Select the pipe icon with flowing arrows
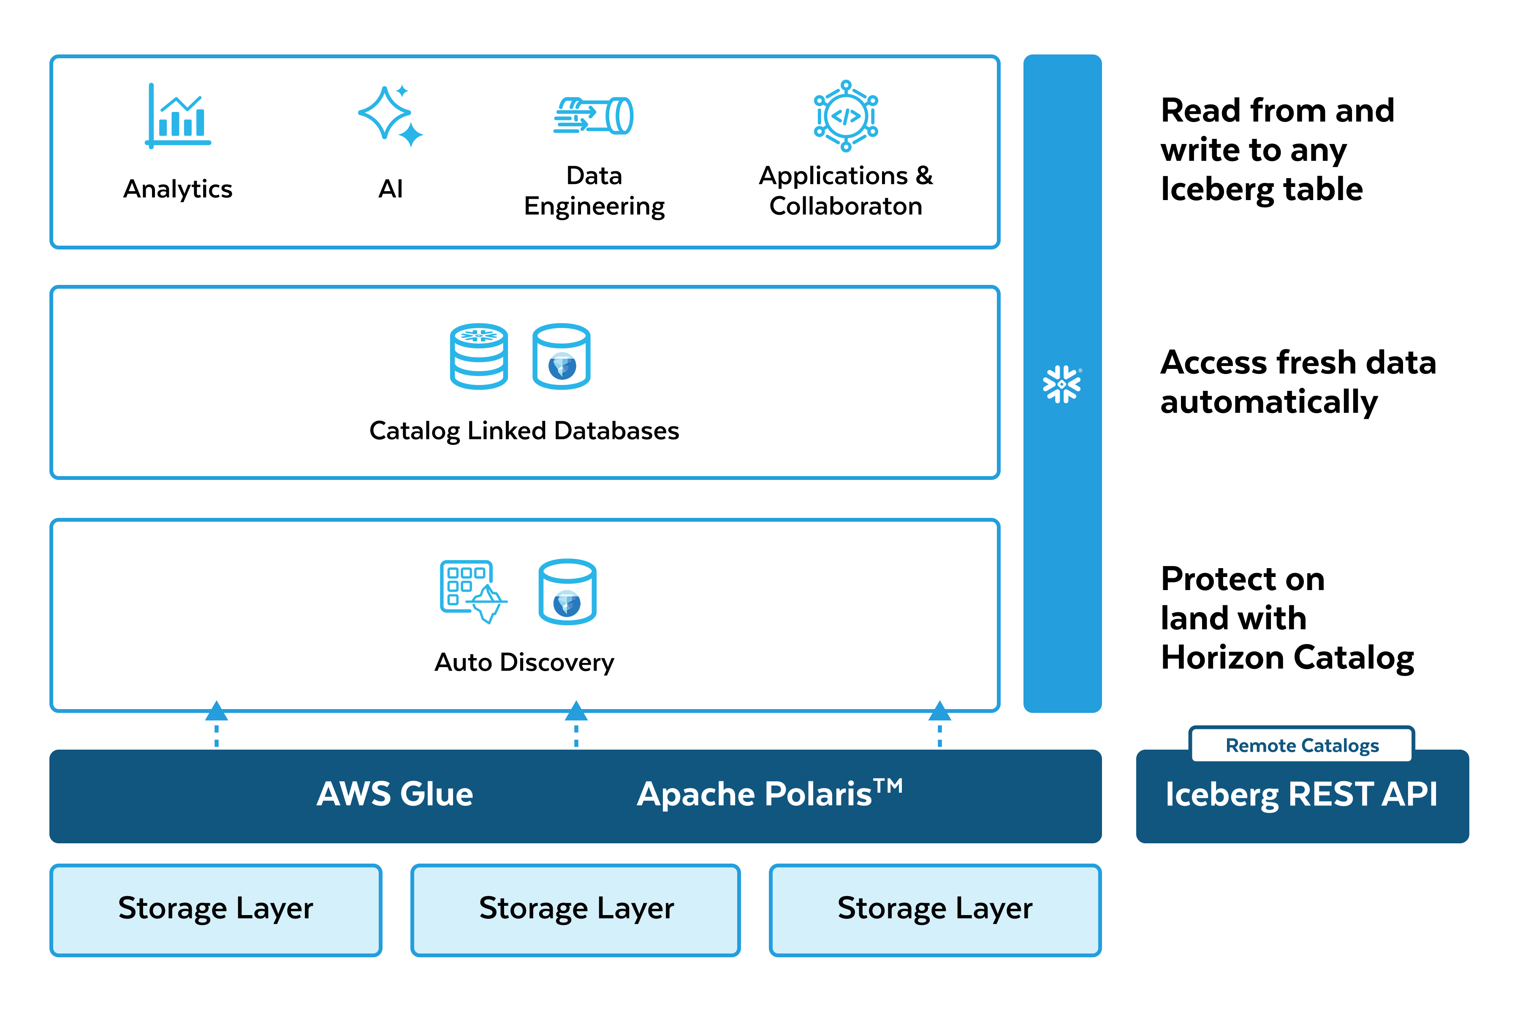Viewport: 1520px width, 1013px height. [593, 116]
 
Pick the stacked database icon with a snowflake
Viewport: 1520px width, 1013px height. [479, 356]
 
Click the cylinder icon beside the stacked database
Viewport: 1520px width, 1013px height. [561, 356]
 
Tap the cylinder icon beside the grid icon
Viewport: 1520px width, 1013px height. [567, 591]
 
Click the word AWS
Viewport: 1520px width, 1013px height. [354, 794]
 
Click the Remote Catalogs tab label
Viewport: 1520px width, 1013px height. [1302, 745]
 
